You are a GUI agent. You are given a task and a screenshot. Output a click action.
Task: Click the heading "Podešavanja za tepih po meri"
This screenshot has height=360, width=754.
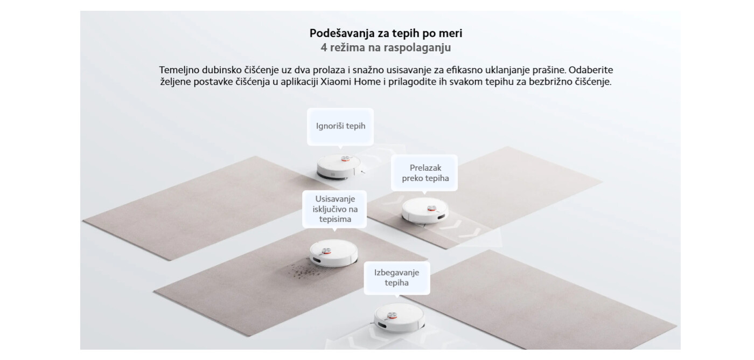point(386,33)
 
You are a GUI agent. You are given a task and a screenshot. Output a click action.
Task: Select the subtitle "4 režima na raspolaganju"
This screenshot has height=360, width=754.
point(386,47)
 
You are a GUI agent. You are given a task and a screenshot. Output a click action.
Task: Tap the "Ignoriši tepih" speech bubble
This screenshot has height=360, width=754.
point(340,126)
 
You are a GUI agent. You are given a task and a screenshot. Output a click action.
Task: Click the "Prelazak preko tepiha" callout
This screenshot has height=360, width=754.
point(425,173)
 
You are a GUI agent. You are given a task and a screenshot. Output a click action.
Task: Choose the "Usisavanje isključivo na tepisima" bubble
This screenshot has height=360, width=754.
point(334,209)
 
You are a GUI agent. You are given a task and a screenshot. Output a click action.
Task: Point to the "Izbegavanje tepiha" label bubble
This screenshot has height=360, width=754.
point(396,278)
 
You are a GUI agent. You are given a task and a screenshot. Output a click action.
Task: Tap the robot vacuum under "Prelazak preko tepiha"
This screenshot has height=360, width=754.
point(425,211)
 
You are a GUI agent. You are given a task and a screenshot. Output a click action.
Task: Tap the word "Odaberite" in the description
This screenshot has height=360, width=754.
point(591,70)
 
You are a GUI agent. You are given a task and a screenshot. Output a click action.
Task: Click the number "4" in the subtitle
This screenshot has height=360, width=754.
point(324,47)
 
